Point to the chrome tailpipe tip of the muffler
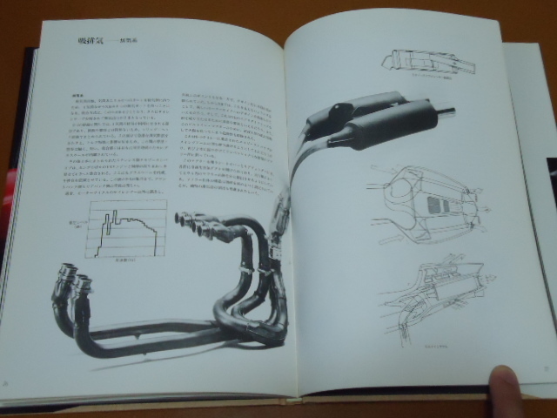pos(444,111)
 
